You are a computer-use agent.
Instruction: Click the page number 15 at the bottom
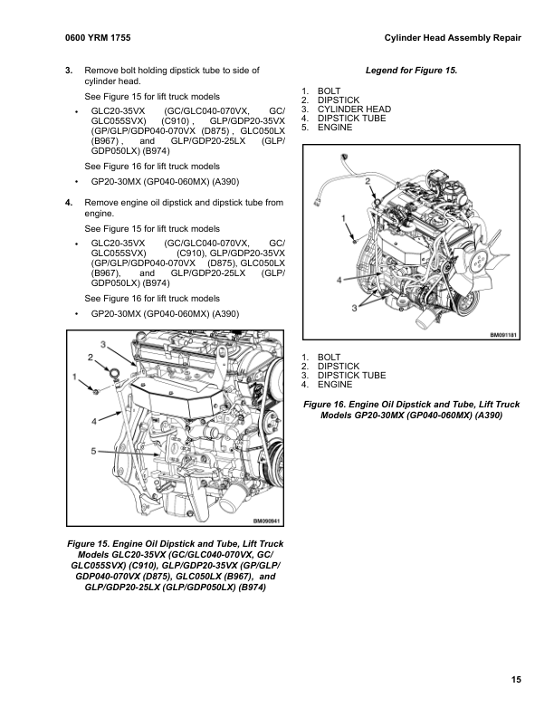pos(515,680)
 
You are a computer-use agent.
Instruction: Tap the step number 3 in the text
pos(69,70)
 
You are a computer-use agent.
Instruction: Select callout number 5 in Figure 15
pos(93,450)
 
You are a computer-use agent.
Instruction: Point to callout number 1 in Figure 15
pos(74,376)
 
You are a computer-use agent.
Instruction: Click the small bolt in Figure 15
pos(95,390)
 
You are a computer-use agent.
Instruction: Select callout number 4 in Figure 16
pos(339,281)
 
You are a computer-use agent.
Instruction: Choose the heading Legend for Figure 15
pos(412,70)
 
